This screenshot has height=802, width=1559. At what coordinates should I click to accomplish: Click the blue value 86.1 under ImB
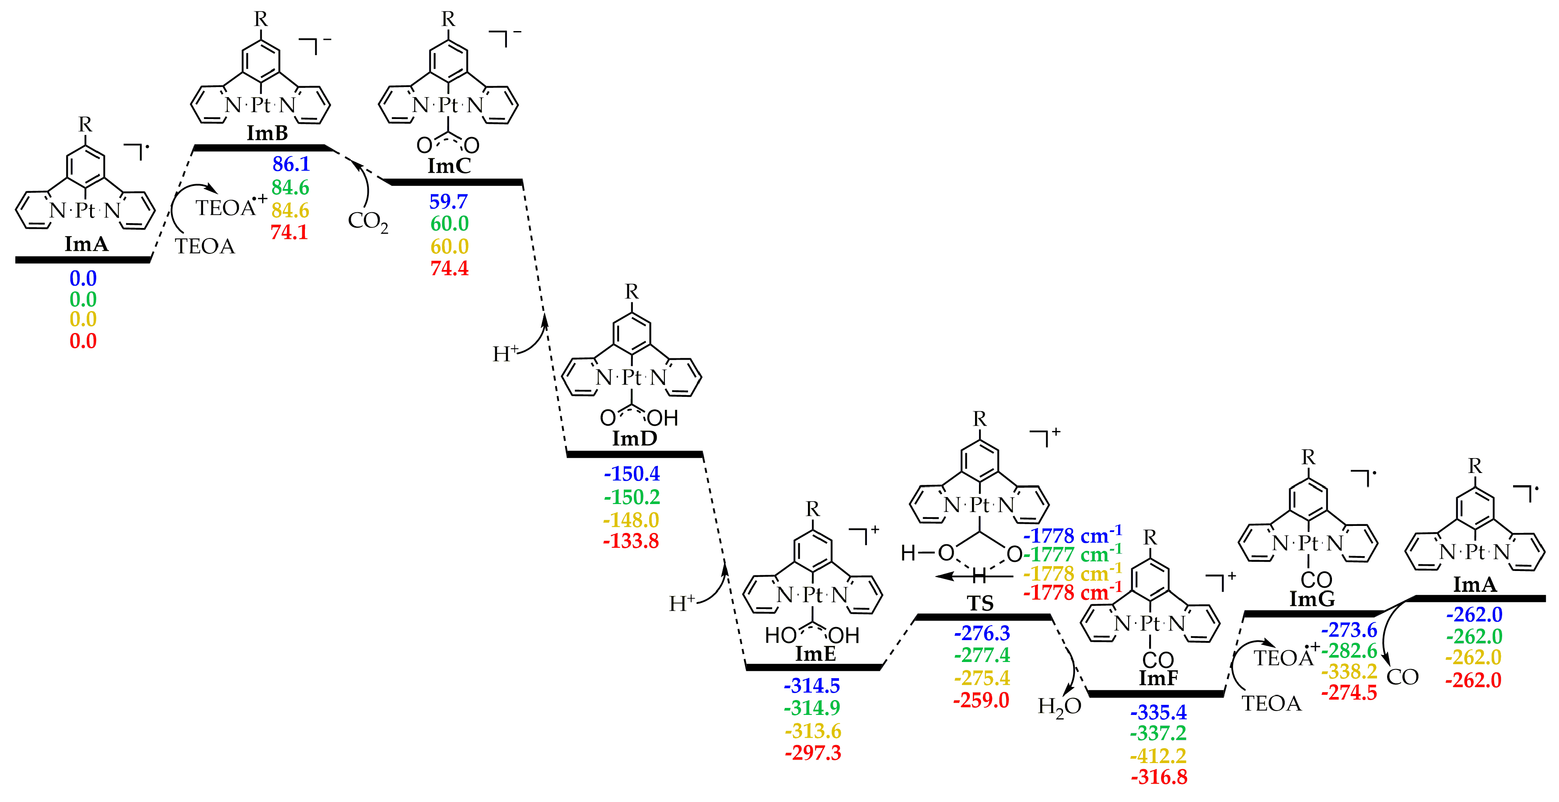click(x=291, y=164)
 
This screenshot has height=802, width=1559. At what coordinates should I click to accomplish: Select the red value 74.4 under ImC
click(x=449, y=268)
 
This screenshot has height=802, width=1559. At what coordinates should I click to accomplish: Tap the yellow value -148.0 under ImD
click(x=631, y=520)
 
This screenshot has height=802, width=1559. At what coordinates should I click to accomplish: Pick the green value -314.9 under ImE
click(x=812, y=707)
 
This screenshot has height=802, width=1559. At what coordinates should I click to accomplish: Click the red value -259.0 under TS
click(x=981, y=700)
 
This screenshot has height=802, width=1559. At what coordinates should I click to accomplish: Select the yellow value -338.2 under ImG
click(x=1349, y=671)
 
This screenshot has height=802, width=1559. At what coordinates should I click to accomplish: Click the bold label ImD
click(x=634, y=438)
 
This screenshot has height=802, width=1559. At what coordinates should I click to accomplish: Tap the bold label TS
click(x=980, y=603)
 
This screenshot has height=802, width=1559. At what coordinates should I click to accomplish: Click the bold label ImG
click(x=1311, y=599)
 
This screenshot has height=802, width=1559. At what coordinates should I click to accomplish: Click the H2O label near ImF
click(x=1059, y=706)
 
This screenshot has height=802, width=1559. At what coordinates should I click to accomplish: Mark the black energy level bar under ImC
click(x=455, y=182)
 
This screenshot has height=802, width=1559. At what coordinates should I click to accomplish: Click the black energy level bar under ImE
click(x=813, y=667)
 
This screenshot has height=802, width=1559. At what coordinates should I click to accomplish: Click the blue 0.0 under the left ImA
click(x=83, y=278)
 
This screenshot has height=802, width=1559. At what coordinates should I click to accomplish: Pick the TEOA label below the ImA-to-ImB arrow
click(x=205, y=246)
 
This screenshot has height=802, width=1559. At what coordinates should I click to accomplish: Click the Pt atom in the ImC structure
click(x=448, y=105)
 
